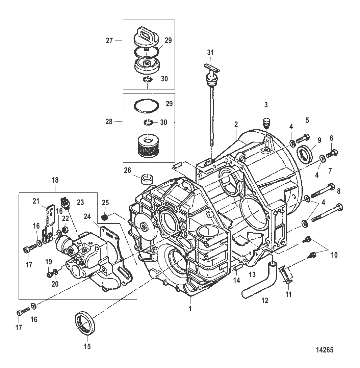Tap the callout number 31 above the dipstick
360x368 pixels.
211,53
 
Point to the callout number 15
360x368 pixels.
88,346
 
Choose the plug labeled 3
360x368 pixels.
266,123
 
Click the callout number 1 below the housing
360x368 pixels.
190,308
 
